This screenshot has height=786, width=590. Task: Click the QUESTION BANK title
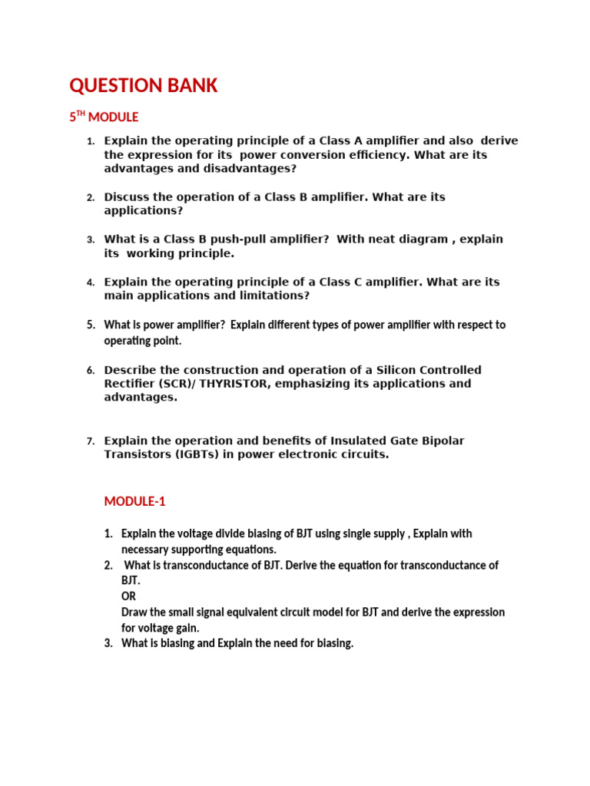click(144, 86)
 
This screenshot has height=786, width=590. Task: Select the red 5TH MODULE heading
click(104, 117)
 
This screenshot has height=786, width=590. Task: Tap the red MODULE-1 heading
click(134, 501)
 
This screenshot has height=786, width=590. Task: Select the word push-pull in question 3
click(227, 239)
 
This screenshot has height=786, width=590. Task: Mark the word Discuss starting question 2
click(127, 196)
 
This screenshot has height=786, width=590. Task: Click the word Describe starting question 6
click(131, 369)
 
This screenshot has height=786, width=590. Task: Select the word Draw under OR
click(133, 612)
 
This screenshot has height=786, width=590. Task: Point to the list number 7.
click(90, 441)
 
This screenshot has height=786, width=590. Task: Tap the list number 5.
click(90, 325)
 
